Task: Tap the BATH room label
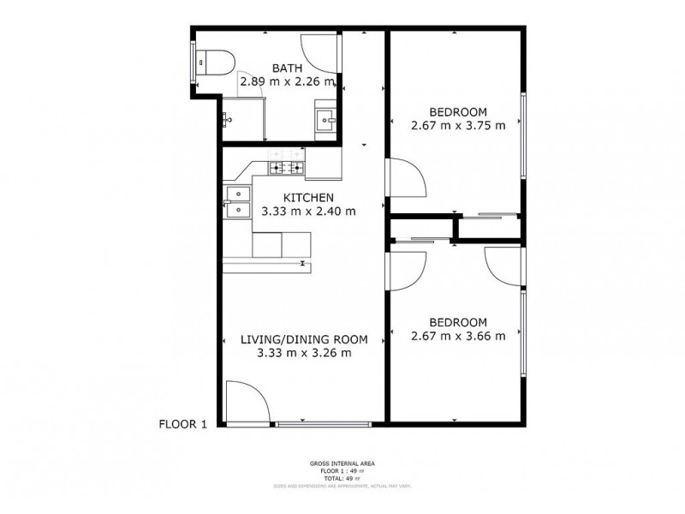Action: tap(287, 68)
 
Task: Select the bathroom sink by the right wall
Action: tap(325, 119)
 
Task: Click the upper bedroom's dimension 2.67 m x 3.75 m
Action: tap(458, 125)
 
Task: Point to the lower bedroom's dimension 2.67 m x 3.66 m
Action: tap(458, 336)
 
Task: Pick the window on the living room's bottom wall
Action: tap(324, 423)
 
